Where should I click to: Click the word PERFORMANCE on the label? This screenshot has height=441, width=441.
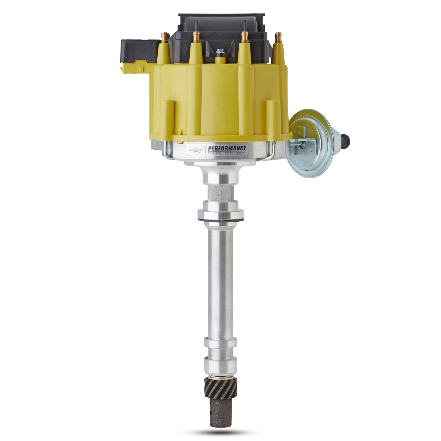(227, 148)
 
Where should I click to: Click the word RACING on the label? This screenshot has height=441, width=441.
(240, 153)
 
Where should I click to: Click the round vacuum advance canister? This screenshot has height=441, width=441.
(307, 138)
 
